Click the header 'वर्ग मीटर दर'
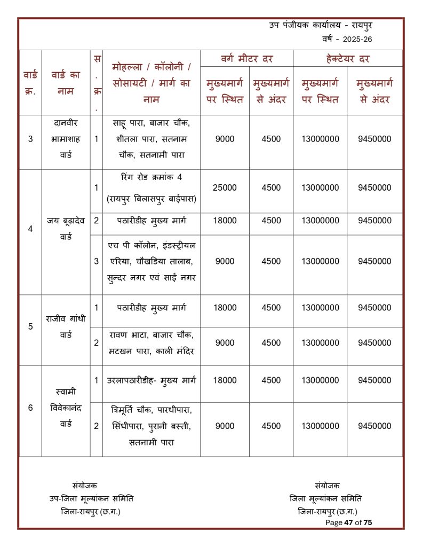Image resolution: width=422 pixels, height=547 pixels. coord(246,59)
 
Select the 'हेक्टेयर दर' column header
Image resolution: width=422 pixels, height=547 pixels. coord(348,59)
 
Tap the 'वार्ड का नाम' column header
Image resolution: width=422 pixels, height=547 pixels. coord(66,83)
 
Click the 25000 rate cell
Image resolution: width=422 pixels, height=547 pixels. coord(225,187)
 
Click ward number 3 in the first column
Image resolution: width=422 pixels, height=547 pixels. coord(30,139)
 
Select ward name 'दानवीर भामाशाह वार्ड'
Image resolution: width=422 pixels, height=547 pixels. coord(66,139)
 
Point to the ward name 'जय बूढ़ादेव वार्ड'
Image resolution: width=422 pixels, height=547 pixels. coord(66,229)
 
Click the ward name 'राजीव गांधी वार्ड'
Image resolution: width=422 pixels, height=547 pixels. coord(66,326)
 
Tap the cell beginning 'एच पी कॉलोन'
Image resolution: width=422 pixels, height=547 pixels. coord(152,261)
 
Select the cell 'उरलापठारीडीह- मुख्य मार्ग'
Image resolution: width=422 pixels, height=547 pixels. coord(152,380)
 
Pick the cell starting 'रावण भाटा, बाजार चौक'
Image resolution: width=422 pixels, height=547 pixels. coord(152,343)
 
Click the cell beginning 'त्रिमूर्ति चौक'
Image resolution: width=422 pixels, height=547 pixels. coord(152,426)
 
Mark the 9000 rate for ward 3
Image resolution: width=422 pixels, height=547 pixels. coord(225,139)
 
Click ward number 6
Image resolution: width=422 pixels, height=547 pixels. coord(30,408)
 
